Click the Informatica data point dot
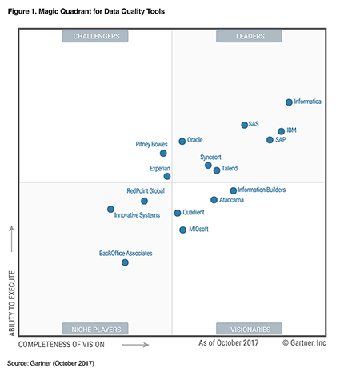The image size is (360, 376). (x=289, y=102)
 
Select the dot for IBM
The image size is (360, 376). (x=281, y=131)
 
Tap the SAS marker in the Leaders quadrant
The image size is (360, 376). (x=244, y=125)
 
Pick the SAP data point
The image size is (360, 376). (x=270, y=140)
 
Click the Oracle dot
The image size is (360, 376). (x=182, y=141)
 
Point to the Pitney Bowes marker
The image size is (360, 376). (x=163, y=153)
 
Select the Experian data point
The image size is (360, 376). (x=167, y=176)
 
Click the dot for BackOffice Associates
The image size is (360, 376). (x=125, y=262)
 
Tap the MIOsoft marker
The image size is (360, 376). (x=182, y=230)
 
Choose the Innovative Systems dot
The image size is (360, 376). (x=110, y=209)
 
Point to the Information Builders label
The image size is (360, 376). (x=262, y=190)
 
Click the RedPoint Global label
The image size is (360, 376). (x=146, y=191)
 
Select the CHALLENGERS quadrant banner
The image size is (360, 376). (x=96, y=36)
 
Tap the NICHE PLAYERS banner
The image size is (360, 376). (x=96, y=329)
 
